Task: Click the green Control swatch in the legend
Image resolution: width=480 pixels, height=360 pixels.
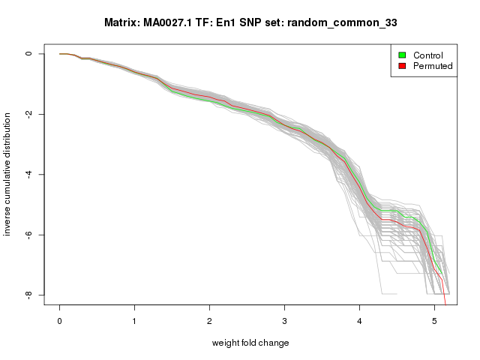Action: pyautogui.click(x=402, y=55)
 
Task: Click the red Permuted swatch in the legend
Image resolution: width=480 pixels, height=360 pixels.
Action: pyautogui.click(x=402, y=66)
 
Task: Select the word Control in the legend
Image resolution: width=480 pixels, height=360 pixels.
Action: pyautogui.click(x=428, y=55)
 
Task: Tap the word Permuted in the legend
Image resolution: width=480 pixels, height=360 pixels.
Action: pyautogui.click(x=433, y=66)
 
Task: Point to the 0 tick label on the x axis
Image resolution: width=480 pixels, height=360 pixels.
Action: pyautogui.click(x=59, y=321)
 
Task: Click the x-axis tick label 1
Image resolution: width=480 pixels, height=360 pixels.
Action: pyautogui.click(x=134, y=321)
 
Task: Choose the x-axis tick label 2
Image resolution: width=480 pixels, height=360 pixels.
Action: pyautogui.click(x=209, y=321)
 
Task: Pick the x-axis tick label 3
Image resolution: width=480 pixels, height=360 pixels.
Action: pyautogui.click(x=284, y=321)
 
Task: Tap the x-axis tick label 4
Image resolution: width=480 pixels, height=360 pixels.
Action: pyautogui.click(x=359, y=321)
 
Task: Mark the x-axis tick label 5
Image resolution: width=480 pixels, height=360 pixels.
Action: pyautogui.click(x=434, y=321)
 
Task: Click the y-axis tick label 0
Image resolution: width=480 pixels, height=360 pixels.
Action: pyautogui.click(x=28, y=53)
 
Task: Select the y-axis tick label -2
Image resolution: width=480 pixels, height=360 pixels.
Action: pyautogui.click(x=28, y=114)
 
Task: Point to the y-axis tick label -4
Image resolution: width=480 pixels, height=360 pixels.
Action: pyautogui.click(x=28, y=174)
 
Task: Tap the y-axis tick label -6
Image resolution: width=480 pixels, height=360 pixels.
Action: pyautogui.click(x=28, y=235)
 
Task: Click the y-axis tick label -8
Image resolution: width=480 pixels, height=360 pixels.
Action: pyautogui.click(x=28, y=295)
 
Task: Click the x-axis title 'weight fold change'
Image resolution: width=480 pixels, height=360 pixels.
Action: pyautogui.click(x=250, y=343)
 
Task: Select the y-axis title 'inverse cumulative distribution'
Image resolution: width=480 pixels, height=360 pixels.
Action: pyautogui.click(x=7, y=174)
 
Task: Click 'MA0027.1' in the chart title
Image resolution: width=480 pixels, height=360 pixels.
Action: pyautogui.click(x=167, y=22)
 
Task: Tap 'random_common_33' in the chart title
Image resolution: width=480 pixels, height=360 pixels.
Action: pyautogui.click(x=342, y=23)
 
